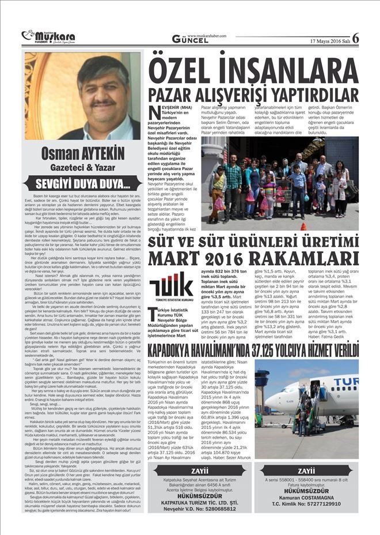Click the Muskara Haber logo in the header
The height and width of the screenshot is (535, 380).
[x=41, y=36]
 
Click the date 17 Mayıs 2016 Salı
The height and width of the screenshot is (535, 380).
[x=329, y=41]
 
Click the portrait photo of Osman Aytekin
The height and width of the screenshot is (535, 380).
[x=82, y=96]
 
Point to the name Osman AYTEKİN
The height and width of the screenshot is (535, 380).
[x=82, y=155]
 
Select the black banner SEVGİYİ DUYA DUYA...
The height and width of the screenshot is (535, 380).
[x=82, y=185]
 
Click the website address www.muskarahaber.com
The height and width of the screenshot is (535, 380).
[x=207, y=35]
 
